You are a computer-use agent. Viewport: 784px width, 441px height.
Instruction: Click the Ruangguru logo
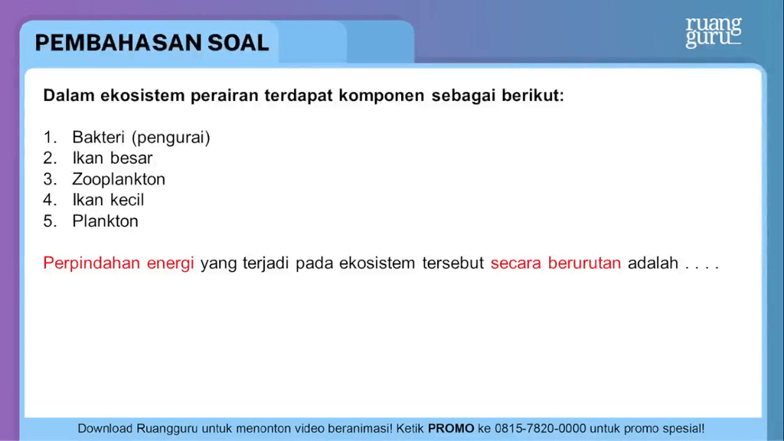[x=714, y=32]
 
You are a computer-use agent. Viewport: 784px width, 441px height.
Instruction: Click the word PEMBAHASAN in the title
[x=118, y=43]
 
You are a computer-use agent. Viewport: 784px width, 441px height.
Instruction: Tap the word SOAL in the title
[x=238, y=43]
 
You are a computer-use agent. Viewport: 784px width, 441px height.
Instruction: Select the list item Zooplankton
[x=119, y=179]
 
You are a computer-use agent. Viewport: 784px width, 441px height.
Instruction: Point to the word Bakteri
[x=98, y=137]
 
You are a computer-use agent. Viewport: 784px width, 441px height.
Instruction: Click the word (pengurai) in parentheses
[x=171, y=138]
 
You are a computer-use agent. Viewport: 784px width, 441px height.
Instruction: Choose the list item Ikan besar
[x=113, y=158]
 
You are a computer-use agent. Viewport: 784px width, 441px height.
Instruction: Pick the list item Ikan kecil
[x=108, y=200]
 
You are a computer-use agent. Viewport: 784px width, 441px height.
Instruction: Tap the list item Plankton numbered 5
[x=105, y=221]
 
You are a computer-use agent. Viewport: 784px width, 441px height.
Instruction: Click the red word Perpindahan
[x=92, y=263]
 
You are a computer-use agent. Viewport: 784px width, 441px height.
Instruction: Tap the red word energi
[x=170, y=264]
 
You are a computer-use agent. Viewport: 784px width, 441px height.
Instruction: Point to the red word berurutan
[x=584, y=263]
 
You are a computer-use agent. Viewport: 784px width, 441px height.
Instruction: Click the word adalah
[x=653, y=263]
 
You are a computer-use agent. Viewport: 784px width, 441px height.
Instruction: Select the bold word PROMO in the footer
[x=451, y=429]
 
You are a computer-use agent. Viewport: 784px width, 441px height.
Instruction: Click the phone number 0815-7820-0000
[x=540, y=429]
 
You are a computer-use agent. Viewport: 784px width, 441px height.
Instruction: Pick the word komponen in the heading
[x=381, y=96]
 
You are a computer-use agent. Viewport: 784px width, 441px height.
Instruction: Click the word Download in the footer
[x=105, y=429]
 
